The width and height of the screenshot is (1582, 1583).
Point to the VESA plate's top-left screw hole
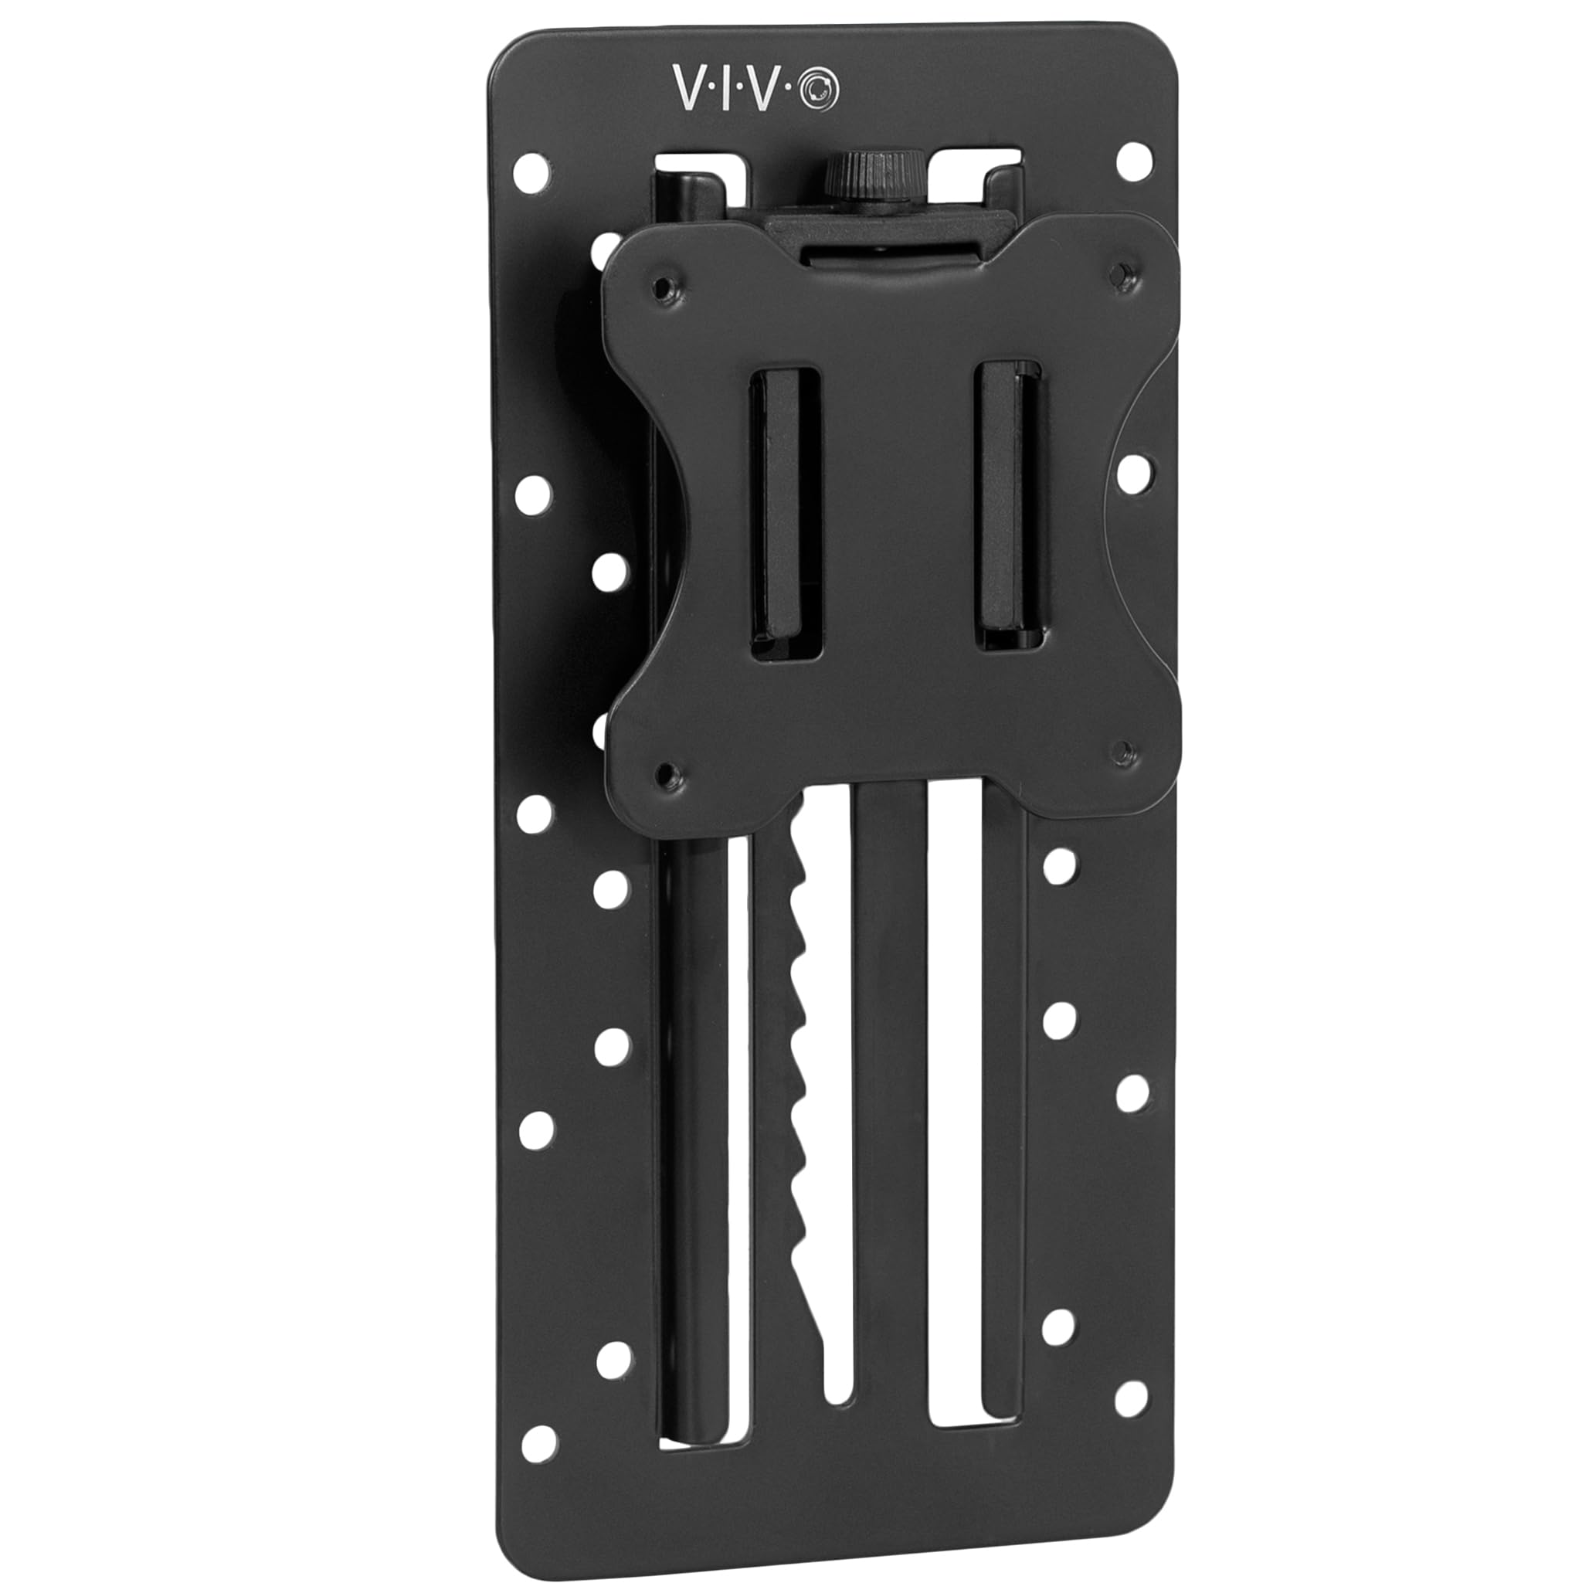click(664, 287)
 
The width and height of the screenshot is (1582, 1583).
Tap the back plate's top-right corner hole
click(1134, 161)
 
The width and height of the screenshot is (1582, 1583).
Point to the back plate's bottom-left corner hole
click(538, 1442)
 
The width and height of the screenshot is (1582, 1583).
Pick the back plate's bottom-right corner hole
click(1132, 1376)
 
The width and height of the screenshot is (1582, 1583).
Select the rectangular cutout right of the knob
click(979, 167)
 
